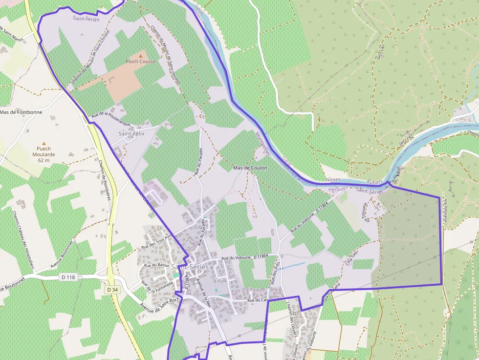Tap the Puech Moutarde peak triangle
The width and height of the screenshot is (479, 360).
(x=44, y=144)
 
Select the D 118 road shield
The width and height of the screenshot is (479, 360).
(x=69, y=277)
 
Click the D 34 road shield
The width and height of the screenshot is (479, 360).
(x=112, y=290)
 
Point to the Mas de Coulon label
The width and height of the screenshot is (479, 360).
(x=250, y=168)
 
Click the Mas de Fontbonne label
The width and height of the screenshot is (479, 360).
(x=21, y=112)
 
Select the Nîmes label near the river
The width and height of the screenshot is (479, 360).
(x=333, y=180)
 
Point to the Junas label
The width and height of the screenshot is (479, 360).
(x=197, y=9)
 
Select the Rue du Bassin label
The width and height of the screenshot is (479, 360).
(x=157, y=265)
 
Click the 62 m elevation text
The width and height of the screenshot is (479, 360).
(x=44, y=160)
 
